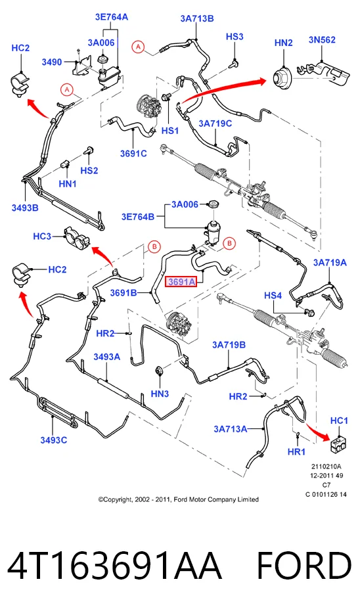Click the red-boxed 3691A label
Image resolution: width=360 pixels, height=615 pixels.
pos(181,282)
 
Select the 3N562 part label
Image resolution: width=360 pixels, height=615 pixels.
pos(322,39)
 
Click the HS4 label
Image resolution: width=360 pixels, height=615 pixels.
pos(273,295)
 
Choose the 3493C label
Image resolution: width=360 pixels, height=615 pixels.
pos(54,440)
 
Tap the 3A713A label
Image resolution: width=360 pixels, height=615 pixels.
pos(231,429)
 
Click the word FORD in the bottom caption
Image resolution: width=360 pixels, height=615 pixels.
pos(304,565)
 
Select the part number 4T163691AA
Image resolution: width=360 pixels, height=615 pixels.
pos(114,565)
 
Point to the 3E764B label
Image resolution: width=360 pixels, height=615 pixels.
pos(138,217)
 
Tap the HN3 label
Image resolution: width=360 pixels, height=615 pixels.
pos(160,394)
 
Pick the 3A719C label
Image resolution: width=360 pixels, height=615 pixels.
pos(215,124)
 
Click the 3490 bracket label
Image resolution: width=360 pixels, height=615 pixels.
pos(52,62)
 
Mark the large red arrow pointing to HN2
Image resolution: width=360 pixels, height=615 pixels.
pos(224,91)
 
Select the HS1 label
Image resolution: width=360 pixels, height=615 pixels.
pos(170,130)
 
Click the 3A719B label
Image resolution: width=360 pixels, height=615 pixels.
pos(229,345)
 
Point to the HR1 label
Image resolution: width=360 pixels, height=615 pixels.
pos(296,452)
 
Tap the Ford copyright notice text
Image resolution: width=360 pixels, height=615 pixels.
pos(179,499)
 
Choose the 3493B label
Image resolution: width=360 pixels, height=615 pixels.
pos(25,208)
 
